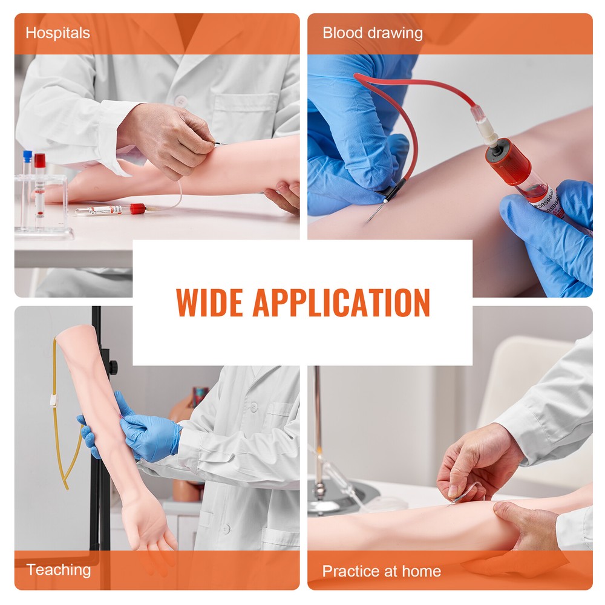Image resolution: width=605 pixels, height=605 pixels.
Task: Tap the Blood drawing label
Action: (372, 33)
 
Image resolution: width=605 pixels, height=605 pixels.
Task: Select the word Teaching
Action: (58, 569)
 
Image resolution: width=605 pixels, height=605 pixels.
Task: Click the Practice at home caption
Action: (381, 571)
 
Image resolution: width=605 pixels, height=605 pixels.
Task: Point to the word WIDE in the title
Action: (209, 302)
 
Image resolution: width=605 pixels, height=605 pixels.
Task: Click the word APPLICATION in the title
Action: (341, 302)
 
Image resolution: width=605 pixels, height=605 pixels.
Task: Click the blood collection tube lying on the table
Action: (109, 210)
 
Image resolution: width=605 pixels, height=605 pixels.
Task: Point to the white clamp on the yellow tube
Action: (53, 401)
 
